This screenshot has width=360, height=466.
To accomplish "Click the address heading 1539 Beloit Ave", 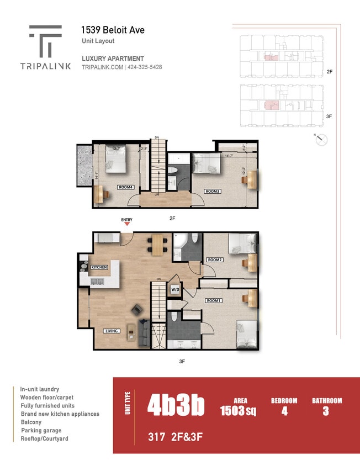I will click(113, 30).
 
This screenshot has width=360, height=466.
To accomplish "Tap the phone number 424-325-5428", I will click(145, 67).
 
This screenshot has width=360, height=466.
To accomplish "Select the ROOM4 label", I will click(125, 187).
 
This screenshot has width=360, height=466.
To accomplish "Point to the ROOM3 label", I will click(213, 191).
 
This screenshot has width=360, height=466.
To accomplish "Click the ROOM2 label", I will click(214, 259).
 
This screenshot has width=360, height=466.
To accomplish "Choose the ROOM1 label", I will click(214, 300).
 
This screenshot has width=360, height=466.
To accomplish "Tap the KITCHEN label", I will click(99, 267).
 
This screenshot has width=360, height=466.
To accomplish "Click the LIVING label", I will click(112, 331).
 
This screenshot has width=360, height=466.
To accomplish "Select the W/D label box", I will click(175, 289).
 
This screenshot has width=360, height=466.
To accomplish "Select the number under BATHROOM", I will click(326, 411).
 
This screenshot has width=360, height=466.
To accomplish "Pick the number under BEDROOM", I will click(284, 411).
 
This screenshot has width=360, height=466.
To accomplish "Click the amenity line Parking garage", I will click(41, 430).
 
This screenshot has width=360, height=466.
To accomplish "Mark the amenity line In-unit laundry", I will click(39, 389).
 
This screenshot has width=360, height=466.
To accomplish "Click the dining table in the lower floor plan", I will click(158, 244).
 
